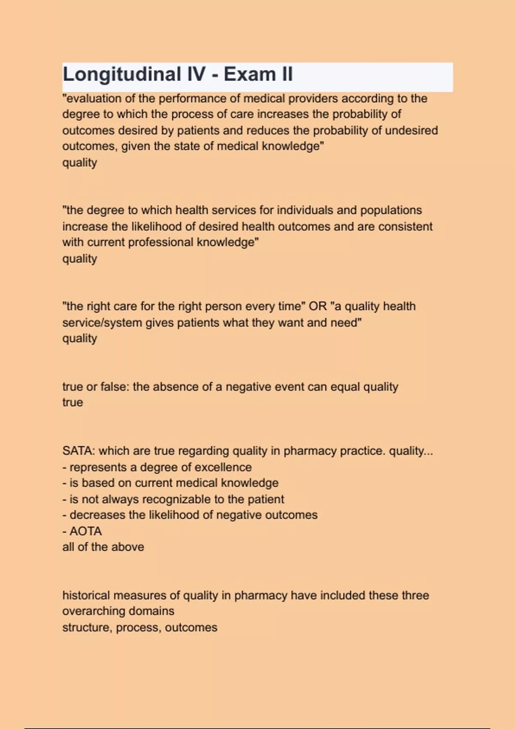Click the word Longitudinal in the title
click(x=122, y=75)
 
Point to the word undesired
click(x=412, y=130)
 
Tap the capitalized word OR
click(x=318, y=306)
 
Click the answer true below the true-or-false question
click(x=73, y=403)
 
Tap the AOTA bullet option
click(x=85, y=531)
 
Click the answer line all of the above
click(x=103, y=547)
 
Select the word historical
click(x=86, y=596)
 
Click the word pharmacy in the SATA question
click(x=310, y=451)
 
